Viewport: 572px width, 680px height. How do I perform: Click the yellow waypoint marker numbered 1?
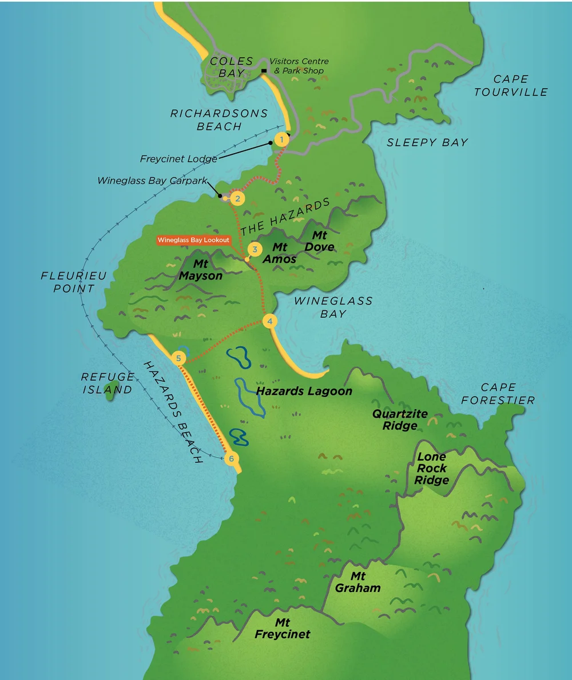click(281, 139)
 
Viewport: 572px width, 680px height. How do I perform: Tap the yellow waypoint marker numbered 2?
click(237, 199)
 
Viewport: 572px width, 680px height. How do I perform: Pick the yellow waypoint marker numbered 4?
click(269, 321)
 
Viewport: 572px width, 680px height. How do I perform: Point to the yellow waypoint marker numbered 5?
click(179, 358)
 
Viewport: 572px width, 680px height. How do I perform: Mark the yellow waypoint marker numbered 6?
click(231, 458)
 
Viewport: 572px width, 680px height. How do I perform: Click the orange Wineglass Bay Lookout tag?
click(193, 240)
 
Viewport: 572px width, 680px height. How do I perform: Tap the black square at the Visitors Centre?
click(264, 71)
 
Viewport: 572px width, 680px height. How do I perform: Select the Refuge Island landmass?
click(110, 395)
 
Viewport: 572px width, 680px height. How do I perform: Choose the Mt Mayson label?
click(200, 270)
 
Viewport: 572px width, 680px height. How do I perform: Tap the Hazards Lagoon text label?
click(304, 391)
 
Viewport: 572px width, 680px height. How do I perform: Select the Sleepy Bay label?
click(427, 142)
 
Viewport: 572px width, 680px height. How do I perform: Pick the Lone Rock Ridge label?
click(431, 469)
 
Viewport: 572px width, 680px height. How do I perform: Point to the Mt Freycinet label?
click(283, 628)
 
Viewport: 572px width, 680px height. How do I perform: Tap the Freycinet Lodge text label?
click(178, 159)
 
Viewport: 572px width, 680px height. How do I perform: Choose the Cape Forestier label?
click(498, 394)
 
